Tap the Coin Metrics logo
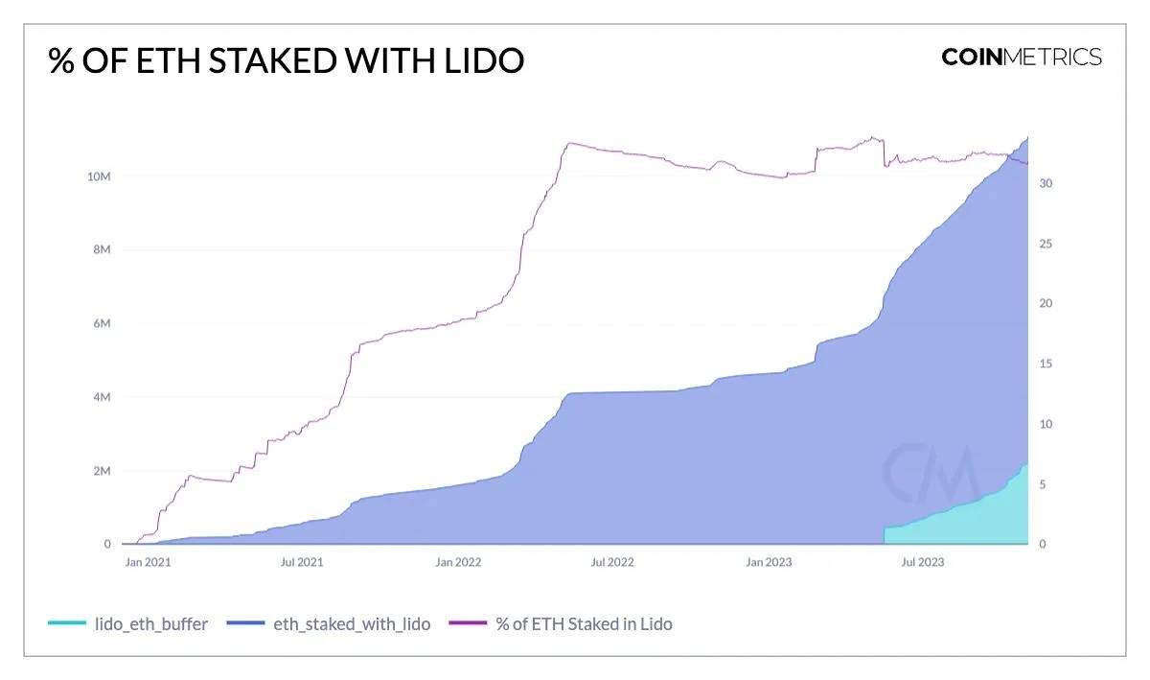[1021, 57]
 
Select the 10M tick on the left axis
[99, 176]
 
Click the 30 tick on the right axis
[1046, 183]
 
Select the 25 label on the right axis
[1046, 244]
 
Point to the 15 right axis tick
[1046, 364]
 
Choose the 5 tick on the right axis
[1044, 484]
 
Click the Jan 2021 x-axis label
[148, 562]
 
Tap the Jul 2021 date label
[302, 562]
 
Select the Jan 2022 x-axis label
[458, 562]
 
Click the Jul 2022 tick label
[612, 562]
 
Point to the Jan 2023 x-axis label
[769, 562]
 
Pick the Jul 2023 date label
[923, 562]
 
